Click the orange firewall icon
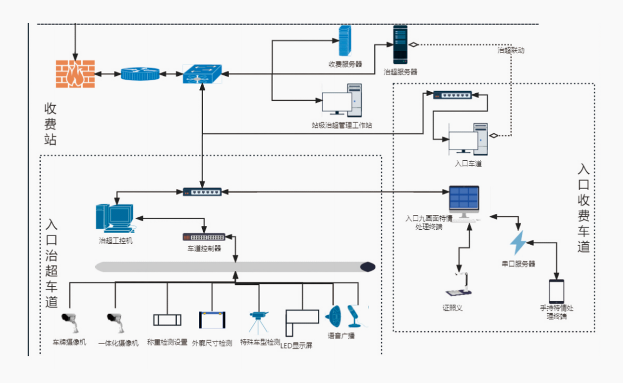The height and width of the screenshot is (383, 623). click(x=75, y=73)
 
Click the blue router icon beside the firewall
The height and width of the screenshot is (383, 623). click(x=140, y=74)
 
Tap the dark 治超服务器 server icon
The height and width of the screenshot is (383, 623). click(x=400, y=45)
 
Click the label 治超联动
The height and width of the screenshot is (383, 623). click(x=511, y=50)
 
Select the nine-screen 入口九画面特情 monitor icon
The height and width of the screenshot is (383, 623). click(x=464, y=202)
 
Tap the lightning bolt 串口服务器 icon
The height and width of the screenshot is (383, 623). click(x=518, y=243)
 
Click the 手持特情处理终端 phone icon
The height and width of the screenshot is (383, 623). click(x=556, y=291)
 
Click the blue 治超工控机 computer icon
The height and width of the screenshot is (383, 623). click(x=114, y=218)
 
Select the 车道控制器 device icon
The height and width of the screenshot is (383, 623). click(x=204, y=237)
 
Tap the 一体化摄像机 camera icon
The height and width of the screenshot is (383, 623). click(x=115, y=322)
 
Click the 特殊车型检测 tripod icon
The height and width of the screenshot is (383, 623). click(x=257, y=322)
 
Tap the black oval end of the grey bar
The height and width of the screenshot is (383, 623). click(x=368, y=267)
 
